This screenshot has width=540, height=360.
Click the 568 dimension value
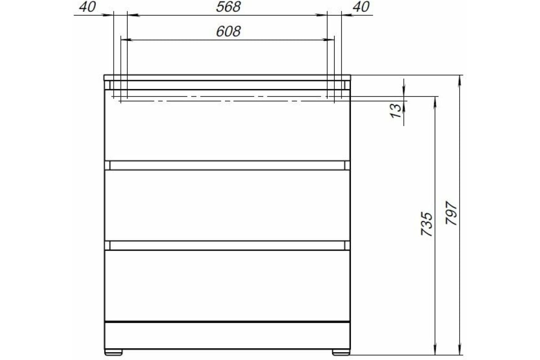click(x=229, y=7)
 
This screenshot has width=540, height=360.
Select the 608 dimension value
click(x=229, y=31)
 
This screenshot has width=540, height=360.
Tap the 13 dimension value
click(x=396, y=111)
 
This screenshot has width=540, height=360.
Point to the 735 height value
click(x=427, y=224)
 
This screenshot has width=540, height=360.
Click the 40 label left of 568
click(x=88, y=7)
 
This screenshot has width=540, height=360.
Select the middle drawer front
click(x=227, y=205)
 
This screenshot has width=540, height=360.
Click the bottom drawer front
click(x=227, y=285)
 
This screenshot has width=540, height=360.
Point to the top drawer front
click(x=227, y=128)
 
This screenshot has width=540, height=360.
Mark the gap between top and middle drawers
click(x=227, y=165)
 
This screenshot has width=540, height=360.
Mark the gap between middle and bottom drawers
click(x=227, y=245)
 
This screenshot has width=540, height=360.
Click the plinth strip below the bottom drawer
click(x=227, y=335)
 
